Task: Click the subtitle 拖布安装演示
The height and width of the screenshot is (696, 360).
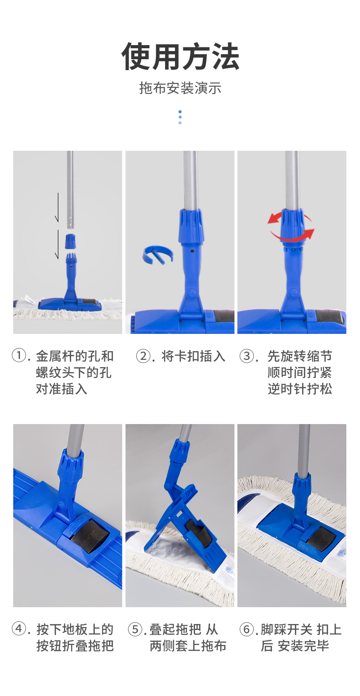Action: [x=180, y=88]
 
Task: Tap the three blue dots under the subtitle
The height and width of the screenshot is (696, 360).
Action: [x=180, y=117]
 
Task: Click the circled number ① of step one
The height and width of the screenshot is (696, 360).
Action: [x=18, y=355]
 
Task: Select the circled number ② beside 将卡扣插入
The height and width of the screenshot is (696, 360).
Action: [x=143, y=356]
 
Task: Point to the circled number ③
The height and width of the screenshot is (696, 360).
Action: [x=246, y=356]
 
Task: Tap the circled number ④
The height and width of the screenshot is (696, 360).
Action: [x=18, y=629]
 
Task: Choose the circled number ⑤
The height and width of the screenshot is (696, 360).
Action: [x=134, y=629]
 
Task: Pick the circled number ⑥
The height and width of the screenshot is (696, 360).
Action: [x=246, y=629]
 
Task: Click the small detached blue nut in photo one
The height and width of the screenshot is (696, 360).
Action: [x=70, y=241]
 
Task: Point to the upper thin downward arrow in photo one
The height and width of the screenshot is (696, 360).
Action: [x=57, y=207]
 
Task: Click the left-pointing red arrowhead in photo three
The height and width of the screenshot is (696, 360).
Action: [x=273, y=218]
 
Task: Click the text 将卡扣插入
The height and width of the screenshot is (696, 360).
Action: [x=193, y=356]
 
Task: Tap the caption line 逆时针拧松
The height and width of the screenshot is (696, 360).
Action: [x=300, y=389]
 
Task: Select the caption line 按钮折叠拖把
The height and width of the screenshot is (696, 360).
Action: [x=75, y=646]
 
